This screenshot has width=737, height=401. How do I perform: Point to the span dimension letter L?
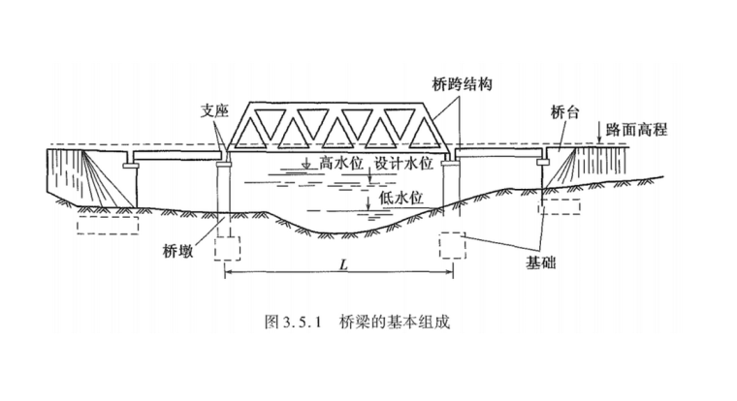point(343,263)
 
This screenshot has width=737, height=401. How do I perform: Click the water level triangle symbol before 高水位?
point(307,165)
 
